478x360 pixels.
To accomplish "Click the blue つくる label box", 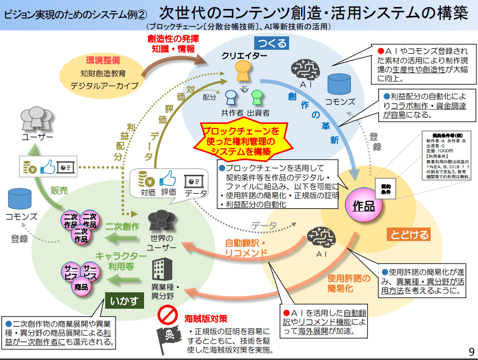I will coord(273,43).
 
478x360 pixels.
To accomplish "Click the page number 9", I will coord(471,352).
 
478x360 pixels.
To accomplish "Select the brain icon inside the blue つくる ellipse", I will coord(304,69).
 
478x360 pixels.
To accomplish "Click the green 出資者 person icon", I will coord(257,97).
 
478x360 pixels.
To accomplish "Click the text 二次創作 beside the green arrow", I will coord(122,226).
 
